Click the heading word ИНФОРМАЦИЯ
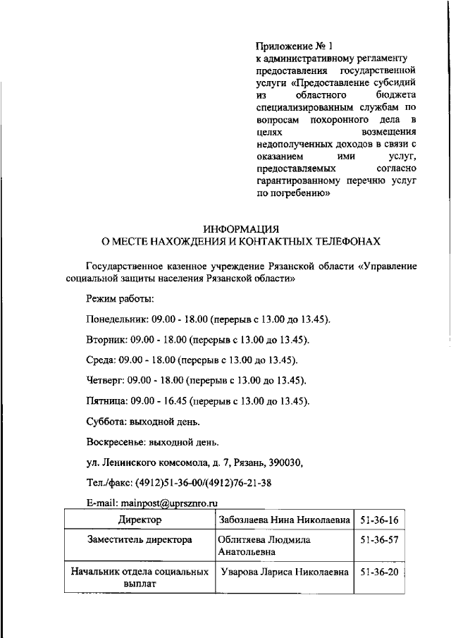click(x=242, y=229)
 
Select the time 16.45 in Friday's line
click(x=169, y=401)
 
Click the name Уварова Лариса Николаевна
click(x=285, y=572)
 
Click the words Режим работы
click(x=115, y=300)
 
